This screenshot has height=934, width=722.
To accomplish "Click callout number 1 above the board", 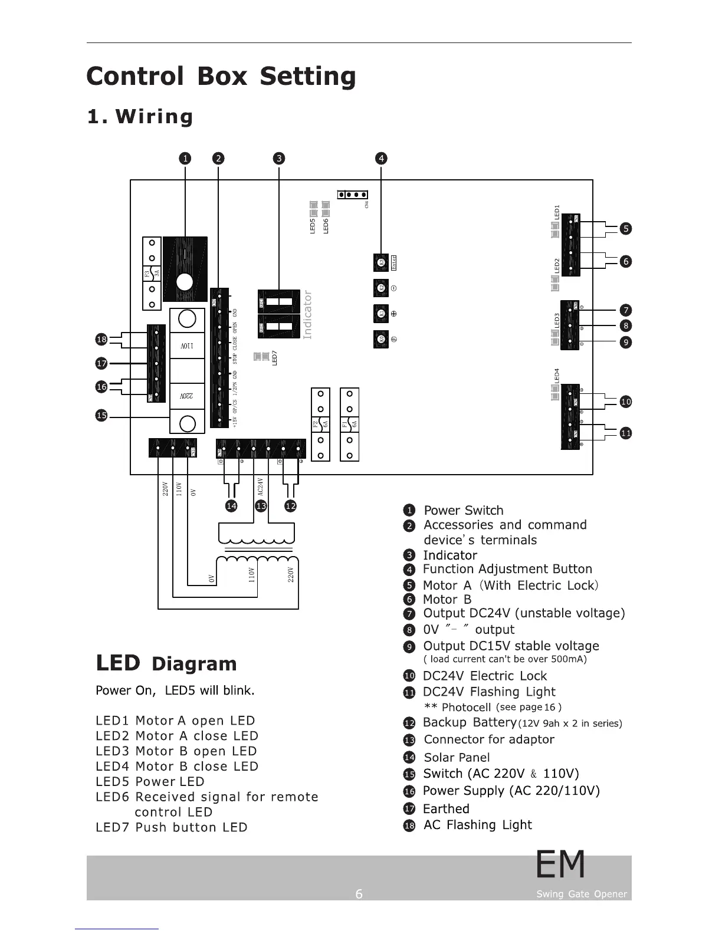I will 185,158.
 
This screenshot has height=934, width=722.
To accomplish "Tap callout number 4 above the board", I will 382,158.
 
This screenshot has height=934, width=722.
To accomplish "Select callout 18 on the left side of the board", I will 101,339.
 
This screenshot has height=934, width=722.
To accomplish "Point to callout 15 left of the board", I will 101,416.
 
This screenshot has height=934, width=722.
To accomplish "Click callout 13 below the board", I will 261,506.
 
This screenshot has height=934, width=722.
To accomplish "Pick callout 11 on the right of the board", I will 626,433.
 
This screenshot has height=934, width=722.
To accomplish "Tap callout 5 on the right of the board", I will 626,229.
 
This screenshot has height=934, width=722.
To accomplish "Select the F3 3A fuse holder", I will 152,274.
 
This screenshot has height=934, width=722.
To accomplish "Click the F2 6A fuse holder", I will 320,425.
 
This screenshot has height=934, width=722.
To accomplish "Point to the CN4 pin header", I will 353,195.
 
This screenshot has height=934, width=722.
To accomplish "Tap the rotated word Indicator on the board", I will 307,315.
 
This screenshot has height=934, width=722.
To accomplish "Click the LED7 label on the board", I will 274,358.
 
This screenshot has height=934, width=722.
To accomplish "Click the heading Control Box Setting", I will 221,77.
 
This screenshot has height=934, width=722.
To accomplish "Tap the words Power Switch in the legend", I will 464,511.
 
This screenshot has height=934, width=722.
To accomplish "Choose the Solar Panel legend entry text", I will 457,757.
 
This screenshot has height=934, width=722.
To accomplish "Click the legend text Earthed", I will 446,809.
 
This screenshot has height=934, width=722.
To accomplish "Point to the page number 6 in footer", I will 359,894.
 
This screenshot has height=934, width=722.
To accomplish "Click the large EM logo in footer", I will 560,864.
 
